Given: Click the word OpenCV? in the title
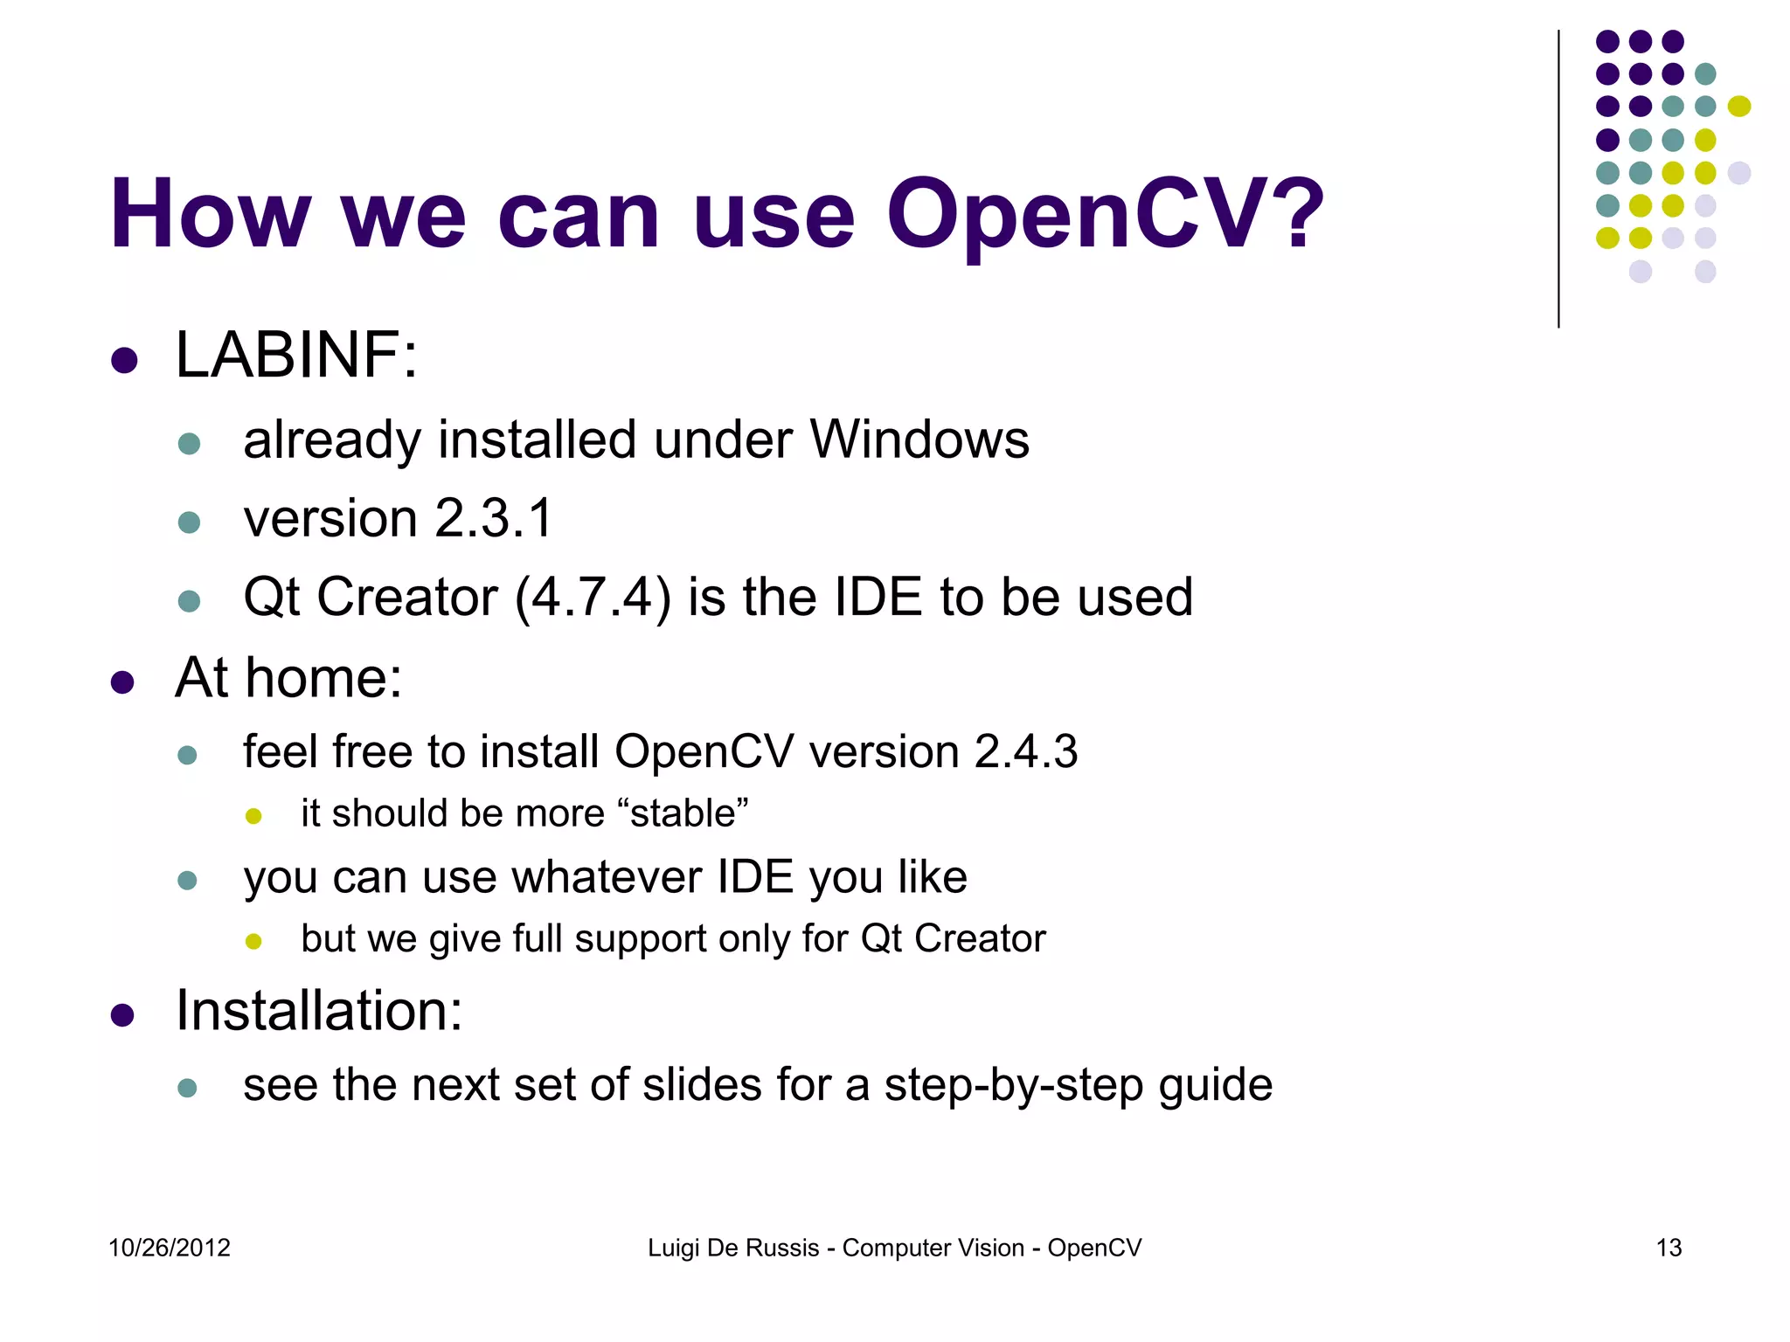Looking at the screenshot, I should [1105, 215].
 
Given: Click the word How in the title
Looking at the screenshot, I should [210, 215].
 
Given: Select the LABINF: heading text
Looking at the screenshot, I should [296, 356].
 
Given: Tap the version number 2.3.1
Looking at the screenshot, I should [494, 518].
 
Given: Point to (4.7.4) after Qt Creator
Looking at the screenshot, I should [593, 598].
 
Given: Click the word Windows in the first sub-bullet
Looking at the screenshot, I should [919, 439].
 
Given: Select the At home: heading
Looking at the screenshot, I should [288, 678].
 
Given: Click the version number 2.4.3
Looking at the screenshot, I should [1026, 751].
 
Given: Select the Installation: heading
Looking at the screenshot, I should [319, 1011].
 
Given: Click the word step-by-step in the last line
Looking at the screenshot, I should [1013, 1085].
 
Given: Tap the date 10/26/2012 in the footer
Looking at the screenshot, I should [170, 1248].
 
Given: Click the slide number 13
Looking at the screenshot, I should [1669, 1248].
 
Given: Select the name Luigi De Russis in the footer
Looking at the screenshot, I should [733, 1248].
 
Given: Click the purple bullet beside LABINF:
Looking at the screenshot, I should [124, 360].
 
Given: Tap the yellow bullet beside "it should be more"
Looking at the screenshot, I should [253, 817].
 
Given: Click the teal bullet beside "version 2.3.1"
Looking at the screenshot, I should [189, 523].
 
